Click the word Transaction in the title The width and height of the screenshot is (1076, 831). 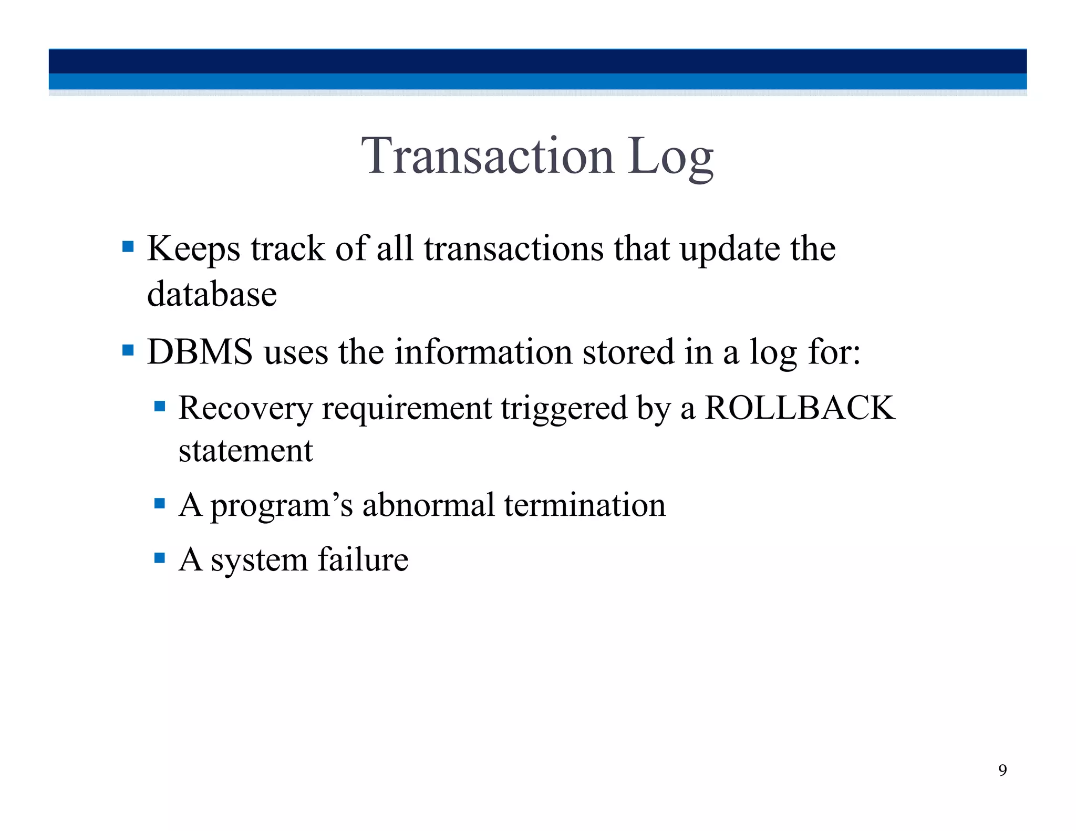pyautogui.click(x=487, y=156)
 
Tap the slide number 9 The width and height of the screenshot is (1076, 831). pyautogui.click(x=1002, y=770)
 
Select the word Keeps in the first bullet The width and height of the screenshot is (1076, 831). pyautogui.click(x=193, y=248)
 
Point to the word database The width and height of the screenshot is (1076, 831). pyautogui.click(x=212, y=294)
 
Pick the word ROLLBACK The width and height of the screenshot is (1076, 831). pyautogui.click(x=799, y=408)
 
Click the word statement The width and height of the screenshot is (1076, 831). pyautogui.click(x=245, y=451)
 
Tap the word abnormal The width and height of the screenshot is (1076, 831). pyautogui.click(x=428, y=505)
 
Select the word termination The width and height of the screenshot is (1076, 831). pyautogui.click(x=585, y=505)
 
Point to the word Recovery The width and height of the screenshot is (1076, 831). pyautogui.click(x=245, y=408)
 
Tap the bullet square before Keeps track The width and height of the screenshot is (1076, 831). pyautogui.click(x=128, y=246)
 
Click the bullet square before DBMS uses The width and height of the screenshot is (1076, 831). pyautogui.click(x=128, y=350)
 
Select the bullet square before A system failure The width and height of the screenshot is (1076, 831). pyautogui.click(x=160, y=557)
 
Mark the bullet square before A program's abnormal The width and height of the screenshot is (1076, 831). pyautogui.click(x=160, y=504)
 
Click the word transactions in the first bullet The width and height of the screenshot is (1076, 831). pyautogui.click(x=514, y=248)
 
